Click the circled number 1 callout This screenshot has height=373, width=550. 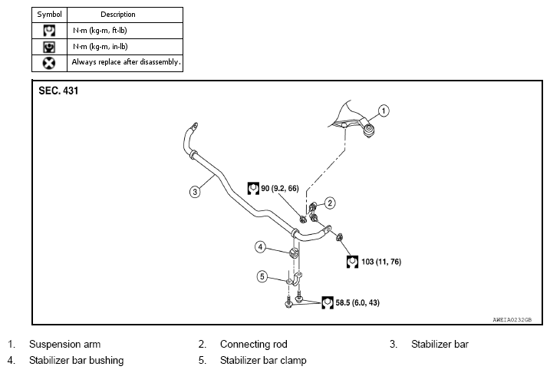pos(384,111)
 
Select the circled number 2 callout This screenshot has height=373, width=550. pos(329,203)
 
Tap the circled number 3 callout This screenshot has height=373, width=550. pos(195,192)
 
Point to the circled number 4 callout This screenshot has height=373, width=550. pos(260,247)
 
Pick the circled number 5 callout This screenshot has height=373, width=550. pos(262,276)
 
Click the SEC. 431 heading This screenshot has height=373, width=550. pos(58,91)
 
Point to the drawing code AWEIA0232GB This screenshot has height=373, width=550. pos(512,320)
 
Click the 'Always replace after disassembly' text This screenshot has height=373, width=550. pos(127,62)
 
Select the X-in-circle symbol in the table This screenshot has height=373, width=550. pos(49,63)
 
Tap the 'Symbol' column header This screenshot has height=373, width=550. pos(49,15)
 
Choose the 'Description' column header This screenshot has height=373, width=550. pos(118,15)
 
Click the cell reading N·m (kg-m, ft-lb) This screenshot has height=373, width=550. pos(100,31)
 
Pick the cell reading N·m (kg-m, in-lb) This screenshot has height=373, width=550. pos(100,46)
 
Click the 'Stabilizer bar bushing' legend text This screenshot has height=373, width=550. pos(77,361)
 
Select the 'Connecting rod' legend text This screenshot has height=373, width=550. pos(254,345)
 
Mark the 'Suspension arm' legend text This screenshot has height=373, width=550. pos(65,345)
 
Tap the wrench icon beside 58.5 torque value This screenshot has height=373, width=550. pos(328,303)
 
